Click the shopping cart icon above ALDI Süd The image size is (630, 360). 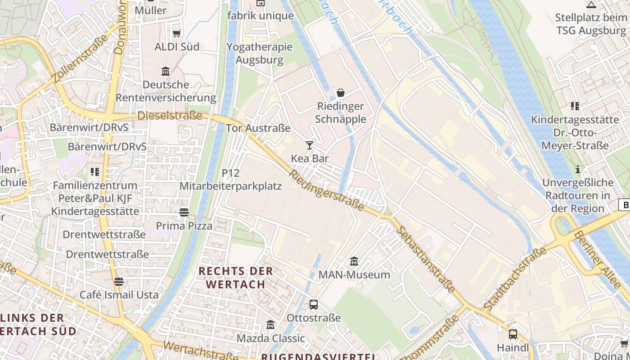177,33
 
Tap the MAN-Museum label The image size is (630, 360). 354,274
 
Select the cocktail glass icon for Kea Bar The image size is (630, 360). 310,145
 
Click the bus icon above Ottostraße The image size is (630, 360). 314,305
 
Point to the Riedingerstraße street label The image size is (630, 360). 327,190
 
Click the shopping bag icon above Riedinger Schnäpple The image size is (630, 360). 341,93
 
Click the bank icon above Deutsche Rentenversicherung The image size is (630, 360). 166,71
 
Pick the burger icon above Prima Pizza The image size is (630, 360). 184,212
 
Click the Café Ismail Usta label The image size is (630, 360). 119,295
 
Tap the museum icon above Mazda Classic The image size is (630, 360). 270,325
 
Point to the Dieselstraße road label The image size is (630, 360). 170,116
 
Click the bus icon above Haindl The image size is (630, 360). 513,334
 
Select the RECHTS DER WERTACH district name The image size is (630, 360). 236,278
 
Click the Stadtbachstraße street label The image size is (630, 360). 515,278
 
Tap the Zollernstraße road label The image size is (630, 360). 81,58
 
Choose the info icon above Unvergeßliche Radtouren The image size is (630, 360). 578,170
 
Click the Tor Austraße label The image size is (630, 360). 258,128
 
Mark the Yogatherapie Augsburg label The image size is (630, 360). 260,53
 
